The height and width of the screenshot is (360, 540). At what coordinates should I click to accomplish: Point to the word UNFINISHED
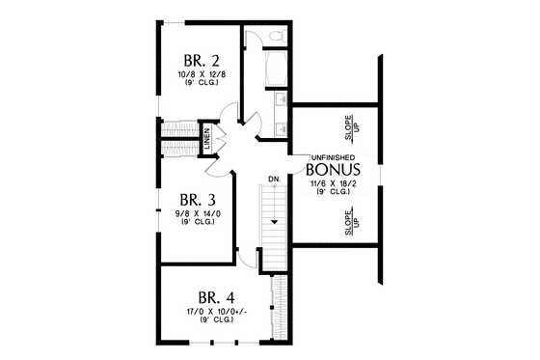(x=333, y=156)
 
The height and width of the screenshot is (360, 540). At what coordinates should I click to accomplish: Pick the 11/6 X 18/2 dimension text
(x=332, y=182)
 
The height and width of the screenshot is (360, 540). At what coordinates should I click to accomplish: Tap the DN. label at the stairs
(x=275, y=180)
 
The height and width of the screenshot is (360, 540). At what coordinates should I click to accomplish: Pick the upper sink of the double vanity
(x=280, y=100)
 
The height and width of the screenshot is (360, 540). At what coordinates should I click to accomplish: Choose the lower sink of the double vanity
(x=280, y=125)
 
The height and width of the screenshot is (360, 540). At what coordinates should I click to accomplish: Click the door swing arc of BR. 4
(x=248, y=257)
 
